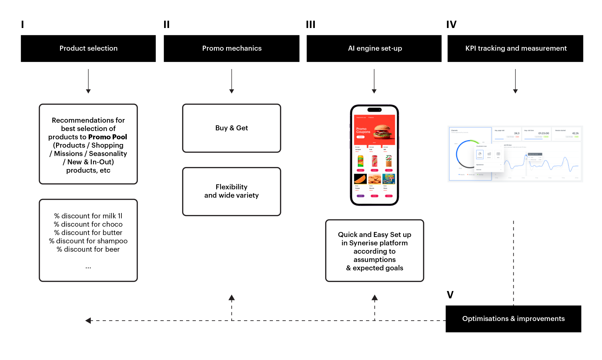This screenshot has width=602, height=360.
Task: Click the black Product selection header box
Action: click(x=88, y=48)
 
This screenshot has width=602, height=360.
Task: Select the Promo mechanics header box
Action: click(x=231, y=48)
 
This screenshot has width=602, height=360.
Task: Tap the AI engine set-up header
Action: click(x=374, y=48)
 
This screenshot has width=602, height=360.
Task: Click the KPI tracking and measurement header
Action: click(x=515, y=48)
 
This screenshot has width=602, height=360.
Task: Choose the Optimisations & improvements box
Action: click(x=513, y=319)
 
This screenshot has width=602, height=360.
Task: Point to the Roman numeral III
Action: click(x=311, y=24)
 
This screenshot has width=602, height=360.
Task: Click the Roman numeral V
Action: click(x=450, y=295)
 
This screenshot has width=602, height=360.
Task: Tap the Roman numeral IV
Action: click(x=451, y=24)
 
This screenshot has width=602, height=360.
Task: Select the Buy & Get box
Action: click(x=231, y=128)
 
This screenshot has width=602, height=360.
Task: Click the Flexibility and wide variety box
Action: click(x=231, y=191)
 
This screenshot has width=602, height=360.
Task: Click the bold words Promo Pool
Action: click(x=107, y=137)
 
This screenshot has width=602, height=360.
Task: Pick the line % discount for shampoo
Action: click(x=88, y=241)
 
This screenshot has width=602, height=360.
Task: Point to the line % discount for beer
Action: click(x=88, y=249)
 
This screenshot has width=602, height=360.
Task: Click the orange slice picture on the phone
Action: click(x=360, y=179)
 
